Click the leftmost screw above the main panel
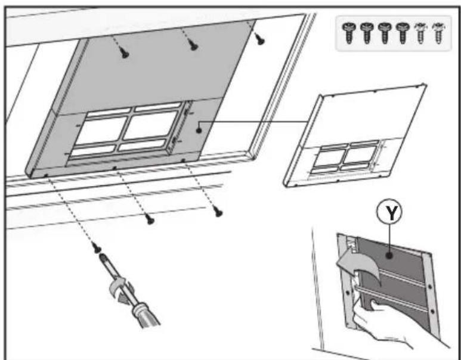coord(125,53)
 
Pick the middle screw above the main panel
coord(193,46)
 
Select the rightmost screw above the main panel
coord(261,39)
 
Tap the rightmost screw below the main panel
coord(218,212)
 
